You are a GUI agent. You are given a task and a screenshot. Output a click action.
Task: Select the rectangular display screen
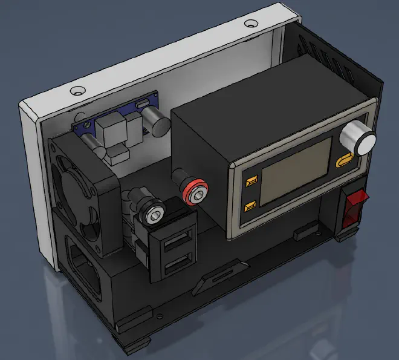coord(296,171)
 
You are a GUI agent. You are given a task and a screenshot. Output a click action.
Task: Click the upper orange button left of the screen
coord(251,180)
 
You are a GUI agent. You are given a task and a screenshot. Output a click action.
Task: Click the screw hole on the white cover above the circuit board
coord(77,91)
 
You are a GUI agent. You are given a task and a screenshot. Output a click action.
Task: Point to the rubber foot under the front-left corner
coord(137,344)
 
